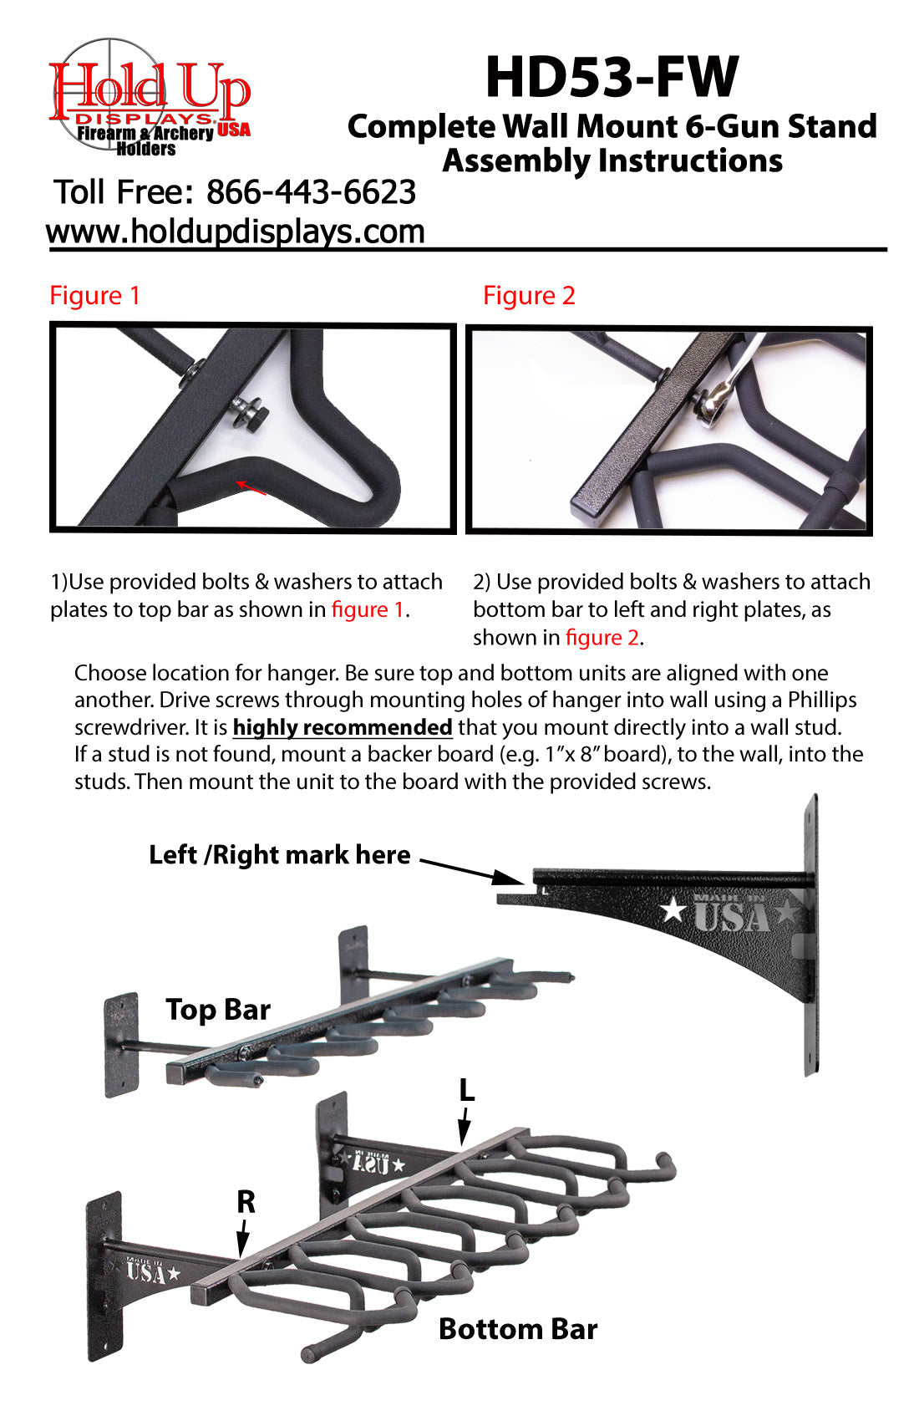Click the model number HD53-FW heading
[x=612, y=77]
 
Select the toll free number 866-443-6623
[x=311, y=192]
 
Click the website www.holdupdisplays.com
[x=236, y=232]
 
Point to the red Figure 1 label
[x=94, y=295]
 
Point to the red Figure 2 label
[x=529, y=295]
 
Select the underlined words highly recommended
[x=343, y=727]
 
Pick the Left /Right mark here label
[x=279, y=854]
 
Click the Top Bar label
[x=217, y=1009]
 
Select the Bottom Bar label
[x=517, y=1328]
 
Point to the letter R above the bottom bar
[x=246, y=1202]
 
